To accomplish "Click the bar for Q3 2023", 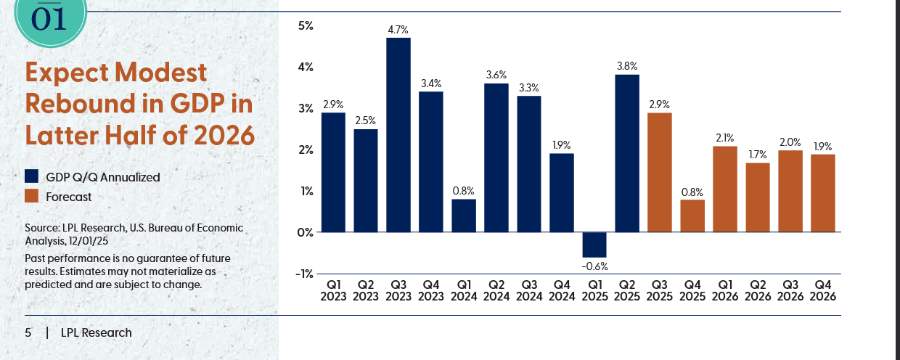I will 398,134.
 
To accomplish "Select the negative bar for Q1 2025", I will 594,245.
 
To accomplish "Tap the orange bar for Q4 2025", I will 692,216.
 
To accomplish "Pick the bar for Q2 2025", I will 627,153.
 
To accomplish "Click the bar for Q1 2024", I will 464,216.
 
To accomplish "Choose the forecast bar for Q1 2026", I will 725,189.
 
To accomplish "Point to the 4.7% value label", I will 398,30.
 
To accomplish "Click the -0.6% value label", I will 594,266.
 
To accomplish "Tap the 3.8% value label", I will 627,66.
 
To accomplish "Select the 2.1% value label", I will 725,137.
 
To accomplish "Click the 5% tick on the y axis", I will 305,26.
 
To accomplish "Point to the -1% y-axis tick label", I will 303,274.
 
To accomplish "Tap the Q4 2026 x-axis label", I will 823,290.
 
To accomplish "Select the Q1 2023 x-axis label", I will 333,290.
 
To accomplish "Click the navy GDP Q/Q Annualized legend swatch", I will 31,176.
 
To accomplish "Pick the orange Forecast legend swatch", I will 31,196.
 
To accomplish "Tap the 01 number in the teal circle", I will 49,18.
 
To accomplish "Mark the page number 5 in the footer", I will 28,333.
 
